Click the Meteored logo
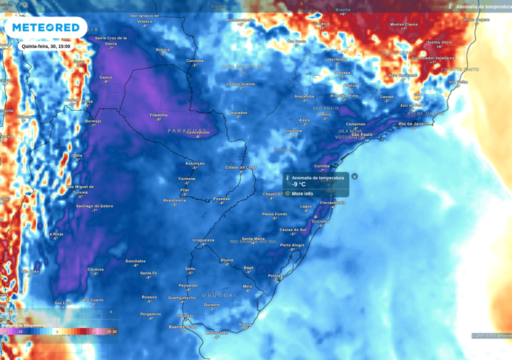[46, 27]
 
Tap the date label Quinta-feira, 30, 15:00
[46, 46]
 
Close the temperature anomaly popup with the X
[354, 176]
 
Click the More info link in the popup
[302, 193]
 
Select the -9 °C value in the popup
[299, 184]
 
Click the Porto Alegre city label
[292, 245]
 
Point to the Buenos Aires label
[182, 327]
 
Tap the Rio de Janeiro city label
[413, 124]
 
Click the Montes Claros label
[403, 24]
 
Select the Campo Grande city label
[240, 84]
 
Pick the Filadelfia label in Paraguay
[158, 115]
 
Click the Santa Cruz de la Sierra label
[111, 40]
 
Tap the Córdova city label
[95, 269]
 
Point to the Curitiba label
[322, 166]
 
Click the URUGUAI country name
[219, 295]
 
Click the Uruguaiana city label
[203, 240]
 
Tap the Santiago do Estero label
[94, 206]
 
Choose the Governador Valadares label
[432, 58]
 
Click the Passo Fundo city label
[274, 214]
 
